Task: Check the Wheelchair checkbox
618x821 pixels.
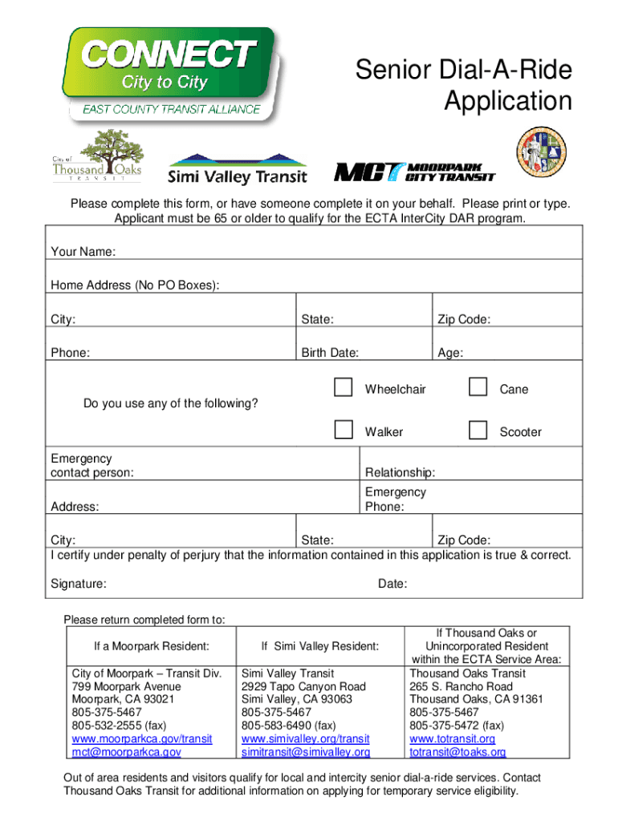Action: click(x=344, y=388)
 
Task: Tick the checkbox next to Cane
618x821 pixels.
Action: click(x=478, y=388)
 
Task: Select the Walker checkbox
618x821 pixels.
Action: click(x=344, y=431)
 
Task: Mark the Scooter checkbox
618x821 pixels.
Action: click(x=478, y=431)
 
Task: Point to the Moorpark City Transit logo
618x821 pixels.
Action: click(x=414, y=171)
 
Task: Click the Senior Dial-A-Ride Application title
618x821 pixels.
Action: click(x=464, y=86)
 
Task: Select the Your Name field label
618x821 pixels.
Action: click(x=83, y=252)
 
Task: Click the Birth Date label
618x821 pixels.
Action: click(x=330, y=353)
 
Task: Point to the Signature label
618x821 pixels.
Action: click(x=79, y=584)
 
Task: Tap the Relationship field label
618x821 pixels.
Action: click(x=400, y=472)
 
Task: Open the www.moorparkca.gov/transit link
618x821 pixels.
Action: click(x=142, y=738)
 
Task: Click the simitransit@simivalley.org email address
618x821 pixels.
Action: click(x=306, y=752)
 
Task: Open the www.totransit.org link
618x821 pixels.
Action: click(x=452, y=738)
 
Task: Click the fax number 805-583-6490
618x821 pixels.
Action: click(x=277, y=726)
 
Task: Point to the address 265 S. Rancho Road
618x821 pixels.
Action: click(x=461, y=686)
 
